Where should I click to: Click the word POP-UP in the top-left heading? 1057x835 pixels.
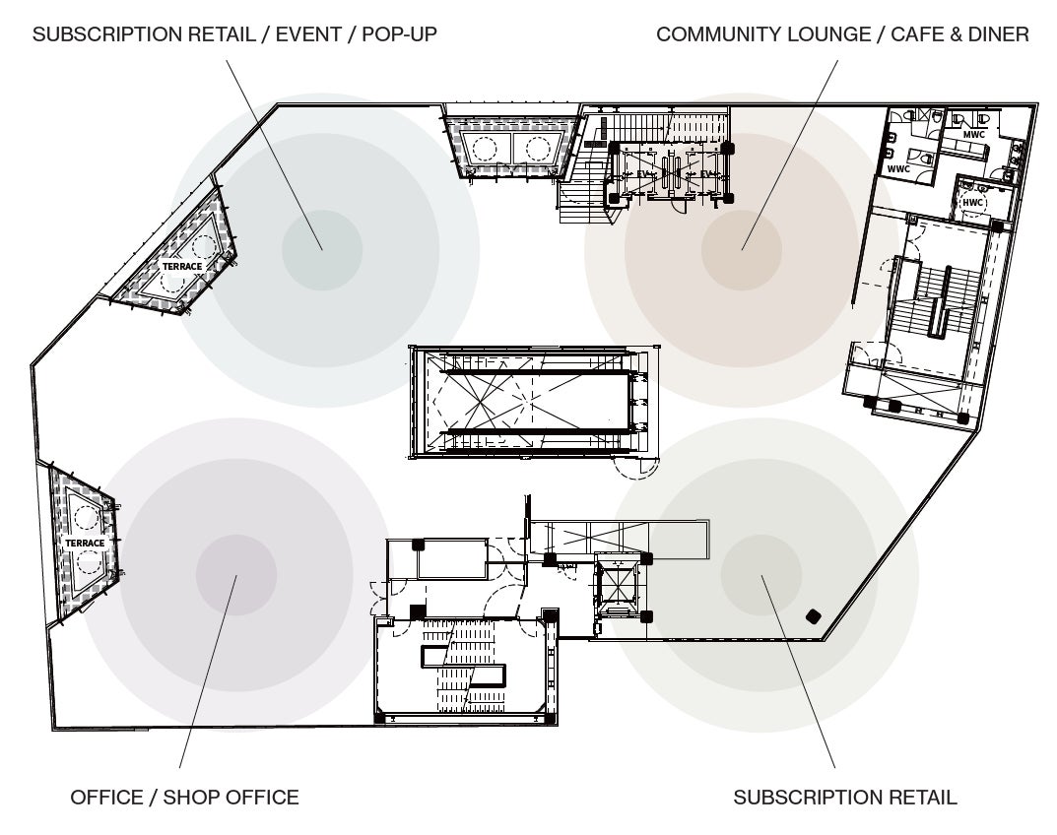(399, 34)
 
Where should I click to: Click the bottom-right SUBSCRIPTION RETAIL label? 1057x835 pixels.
(845, 797)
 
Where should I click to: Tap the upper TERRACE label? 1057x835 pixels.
(182, 267)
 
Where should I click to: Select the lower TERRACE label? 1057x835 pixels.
(85, 544)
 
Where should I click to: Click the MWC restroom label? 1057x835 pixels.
(974, 135)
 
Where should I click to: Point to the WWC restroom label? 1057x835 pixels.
(898, 169)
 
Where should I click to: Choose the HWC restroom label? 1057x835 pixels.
(973, 203)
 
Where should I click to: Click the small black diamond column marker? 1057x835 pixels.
(813, 616)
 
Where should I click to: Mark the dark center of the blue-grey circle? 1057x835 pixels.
(322, 250)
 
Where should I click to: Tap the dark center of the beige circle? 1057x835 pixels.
(742, 250)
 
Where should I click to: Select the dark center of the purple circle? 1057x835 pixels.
(236, 574)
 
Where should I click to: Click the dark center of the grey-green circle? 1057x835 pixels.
(760, 574)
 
